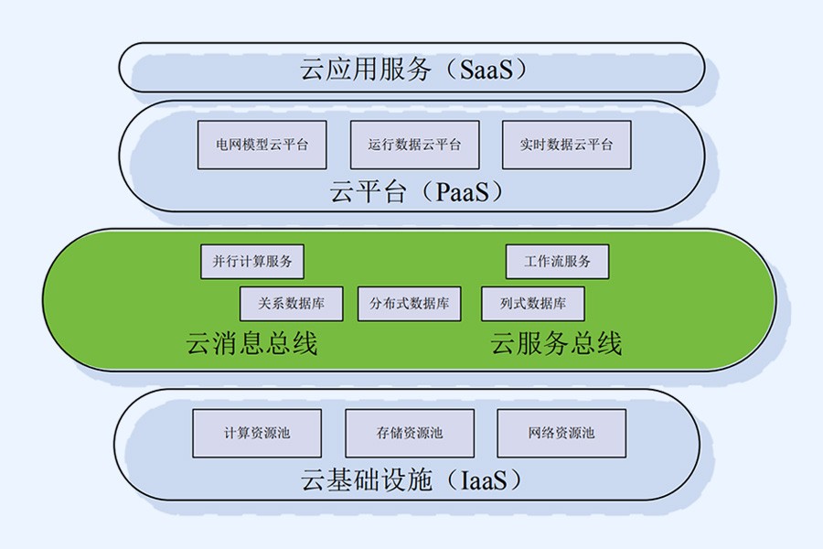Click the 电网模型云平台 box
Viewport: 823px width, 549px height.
(x=262, y=145)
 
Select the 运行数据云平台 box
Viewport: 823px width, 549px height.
(x=414, y=145)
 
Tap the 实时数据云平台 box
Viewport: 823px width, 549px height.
(x=566, y=145)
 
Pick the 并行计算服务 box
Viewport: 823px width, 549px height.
(x=252, y=262)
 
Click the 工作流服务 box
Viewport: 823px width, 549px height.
(x=557, y=262)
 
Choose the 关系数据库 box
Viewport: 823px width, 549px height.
(x=291, y=304)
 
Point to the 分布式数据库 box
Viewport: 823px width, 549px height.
(x=409, y=304)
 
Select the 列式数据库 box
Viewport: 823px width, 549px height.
(x=533, y=304)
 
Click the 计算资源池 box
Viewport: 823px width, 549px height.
(x=256, y=433)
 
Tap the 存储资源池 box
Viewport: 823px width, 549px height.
(x=409, y=433)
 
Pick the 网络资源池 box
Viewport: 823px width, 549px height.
(x=561, y=433)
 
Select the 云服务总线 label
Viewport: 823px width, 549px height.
(x=556, y=344)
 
